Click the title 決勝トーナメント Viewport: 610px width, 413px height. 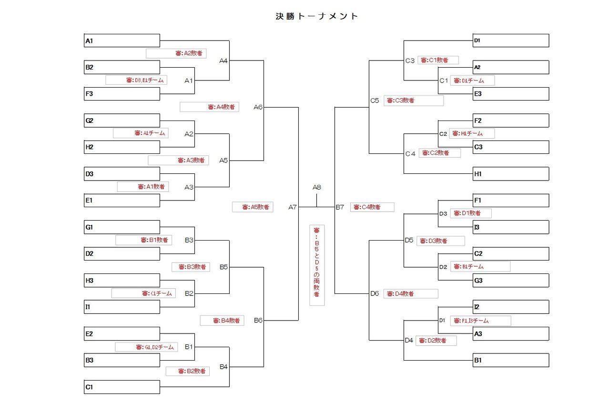[317, 16]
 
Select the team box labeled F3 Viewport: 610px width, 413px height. [122, 94]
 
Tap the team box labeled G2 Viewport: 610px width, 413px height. [122, 121]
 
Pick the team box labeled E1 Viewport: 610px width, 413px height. [122, 201]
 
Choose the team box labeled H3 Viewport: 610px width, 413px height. [122, 281]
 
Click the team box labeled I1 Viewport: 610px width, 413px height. [122, 307]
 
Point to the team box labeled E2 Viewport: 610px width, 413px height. [122, 334]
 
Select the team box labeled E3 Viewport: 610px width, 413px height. [511, 94]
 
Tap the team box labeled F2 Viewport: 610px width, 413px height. [511, 121]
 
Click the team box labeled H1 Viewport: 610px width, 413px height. [511, 174]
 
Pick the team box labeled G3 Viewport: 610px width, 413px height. [511, 281]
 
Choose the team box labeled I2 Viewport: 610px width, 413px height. [511, 307]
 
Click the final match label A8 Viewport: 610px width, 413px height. [317, 187]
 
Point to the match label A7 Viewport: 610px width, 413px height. [293, 207]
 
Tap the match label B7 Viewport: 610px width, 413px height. [340, 207]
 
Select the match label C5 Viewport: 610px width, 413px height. [375, 101]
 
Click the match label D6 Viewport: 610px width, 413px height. [375, 293]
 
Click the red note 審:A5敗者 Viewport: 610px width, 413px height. [253, 207]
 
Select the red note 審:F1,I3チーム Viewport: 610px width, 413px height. [480, 321]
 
